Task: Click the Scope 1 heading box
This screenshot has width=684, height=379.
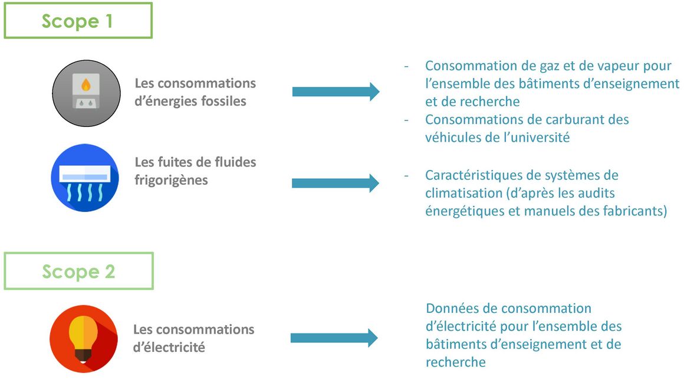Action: [x=78, y=21]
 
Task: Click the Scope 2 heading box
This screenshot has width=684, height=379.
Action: [x=78, y=271]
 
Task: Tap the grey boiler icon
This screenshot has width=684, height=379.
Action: [x=86, y=93]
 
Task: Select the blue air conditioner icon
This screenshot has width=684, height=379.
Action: [x=85, y=178]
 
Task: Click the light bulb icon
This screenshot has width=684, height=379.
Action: [x=84, y=339]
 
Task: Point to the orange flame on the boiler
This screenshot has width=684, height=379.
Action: [x=86, y=84]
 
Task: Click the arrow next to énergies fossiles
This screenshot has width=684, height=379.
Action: [x=336, y=92]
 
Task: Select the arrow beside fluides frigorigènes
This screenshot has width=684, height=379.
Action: [x=336, y=183]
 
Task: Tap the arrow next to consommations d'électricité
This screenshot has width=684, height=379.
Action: [x=334, y=338]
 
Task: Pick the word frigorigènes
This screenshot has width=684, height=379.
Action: [x=171, y=181]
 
